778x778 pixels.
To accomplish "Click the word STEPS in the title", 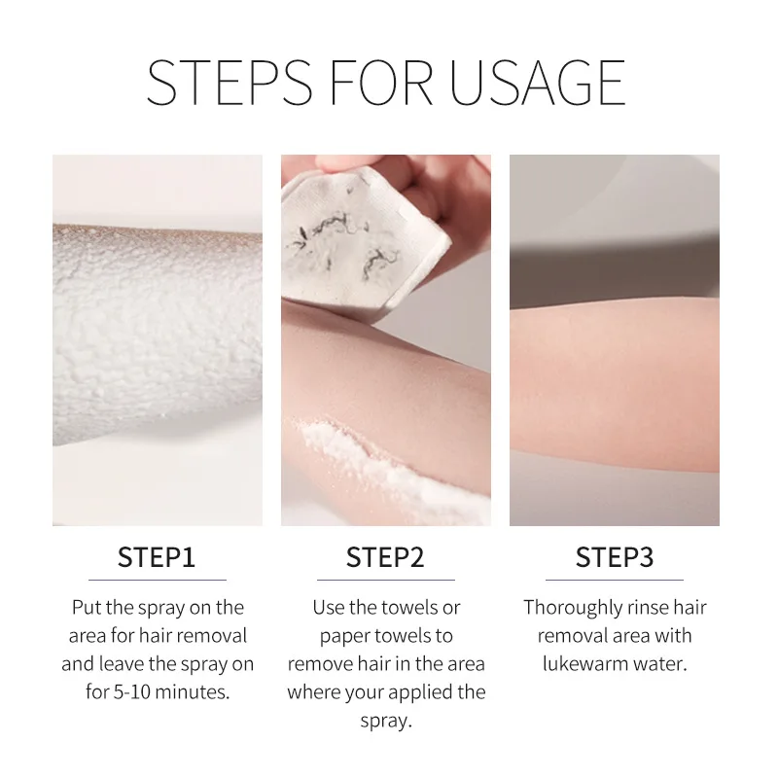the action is (x=230, y=83).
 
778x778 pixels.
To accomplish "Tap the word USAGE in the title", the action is (x=538, y=83).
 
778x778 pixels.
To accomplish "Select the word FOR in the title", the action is (x=380, y=83).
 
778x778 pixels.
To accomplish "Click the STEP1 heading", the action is (x=157, y=557).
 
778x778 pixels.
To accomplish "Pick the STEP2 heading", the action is (x=385, y=557).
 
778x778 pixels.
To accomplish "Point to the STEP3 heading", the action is (x=615, y=557).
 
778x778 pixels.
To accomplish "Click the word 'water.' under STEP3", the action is (x=661, y=664).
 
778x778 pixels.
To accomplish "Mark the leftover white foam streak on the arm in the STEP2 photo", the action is (x=392, y=467).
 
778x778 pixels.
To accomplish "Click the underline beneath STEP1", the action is (x=158, y=580).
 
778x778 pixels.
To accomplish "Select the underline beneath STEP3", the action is (x=615, y=580).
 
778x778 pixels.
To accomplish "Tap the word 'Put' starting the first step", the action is (x=87, y=608).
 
